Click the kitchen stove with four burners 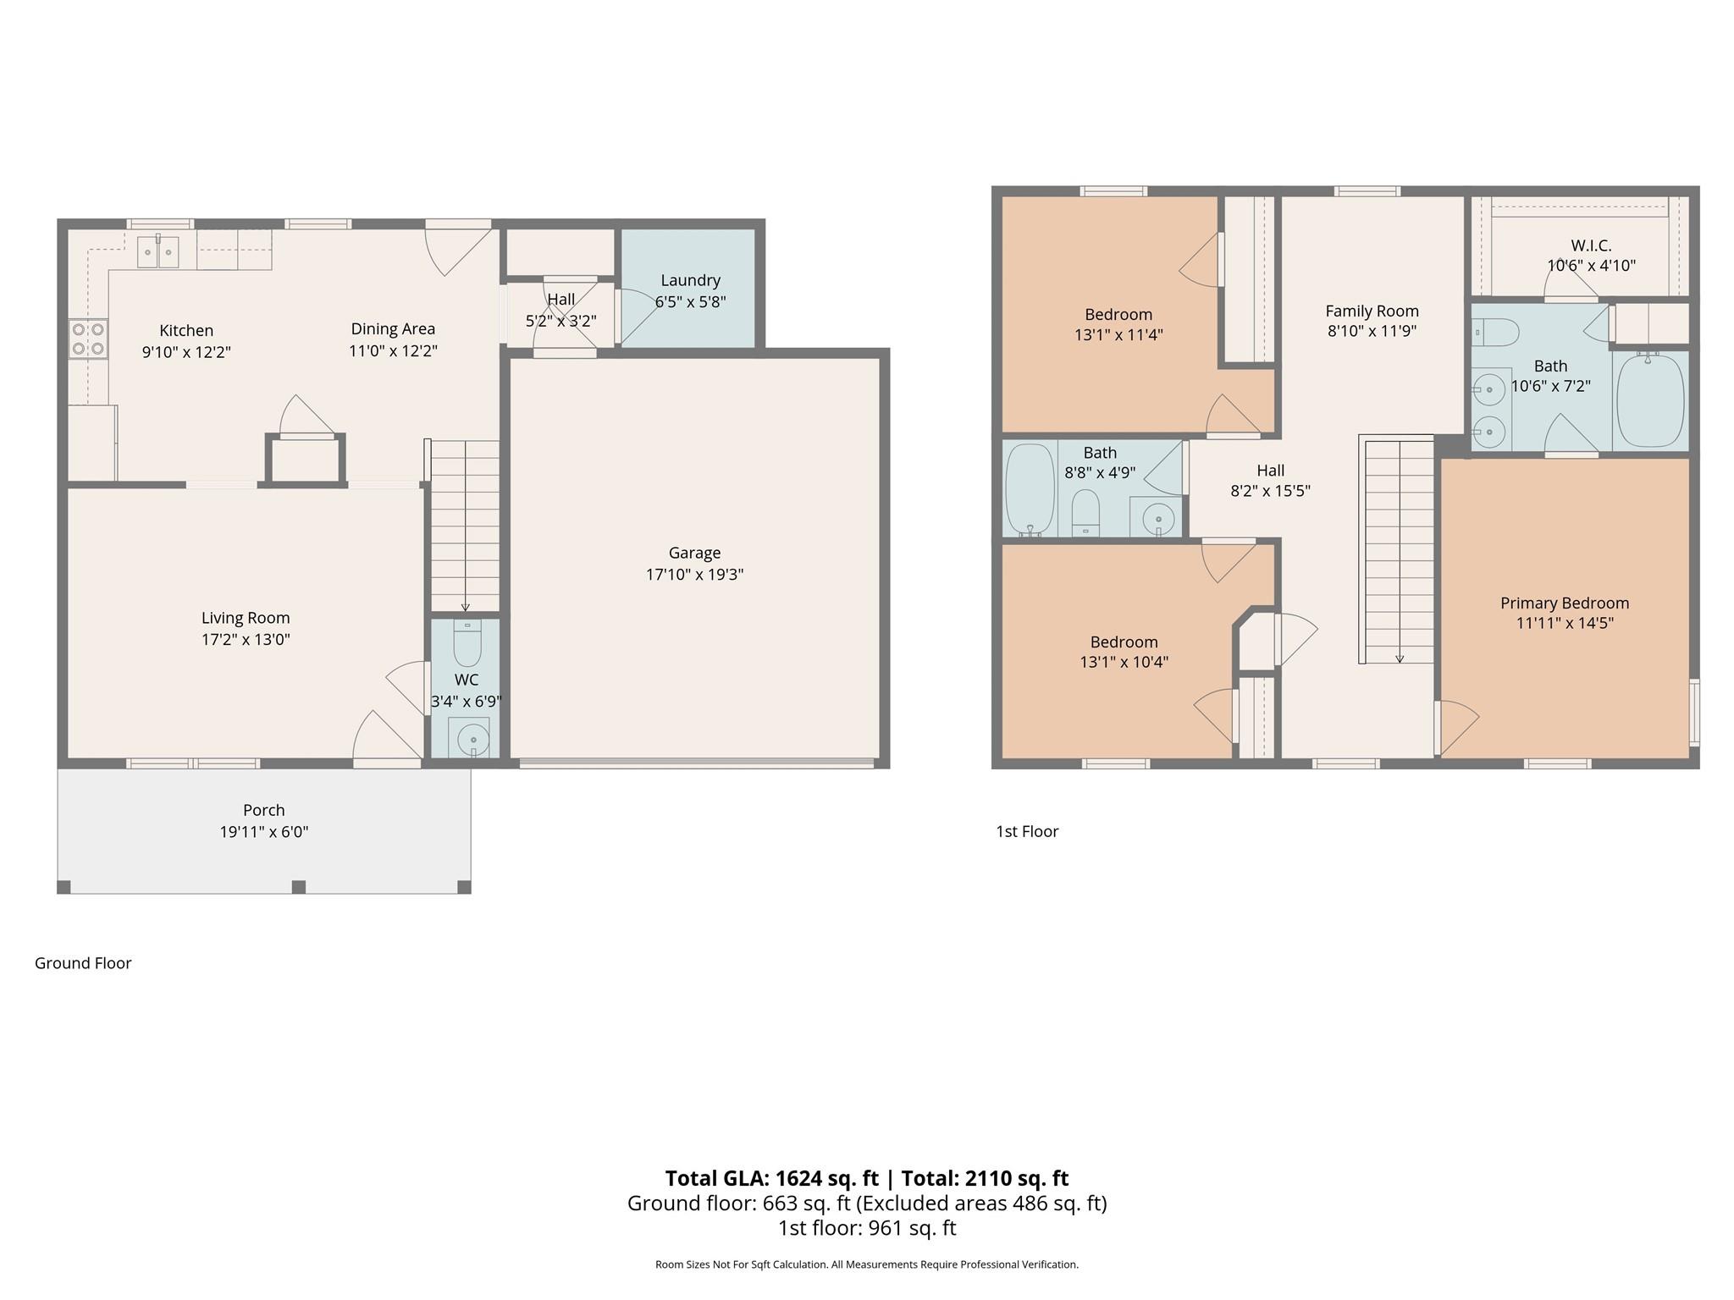click(88, 339)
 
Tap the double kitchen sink click(158, 252)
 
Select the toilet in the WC click(467, 642)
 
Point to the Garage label click(694, 553)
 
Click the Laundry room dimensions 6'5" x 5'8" click(690, 301)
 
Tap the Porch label click(263, 810)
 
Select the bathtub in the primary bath click(1650, 401)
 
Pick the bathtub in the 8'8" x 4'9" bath click(1029, 490)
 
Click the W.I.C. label click(1591, 245)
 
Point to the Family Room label click(1372, 311)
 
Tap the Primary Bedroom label click(1565, 603)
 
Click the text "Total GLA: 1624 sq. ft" click(771, 1178)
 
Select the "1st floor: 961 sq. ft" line click(867, 1228)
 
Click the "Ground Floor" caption click(83, 963)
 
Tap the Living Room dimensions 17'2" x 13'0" click(246, 639)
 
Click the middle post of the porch click(298, 887)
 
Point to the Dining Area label click(393, 328)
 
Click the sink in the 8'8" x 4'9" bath click(1157, 516)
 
